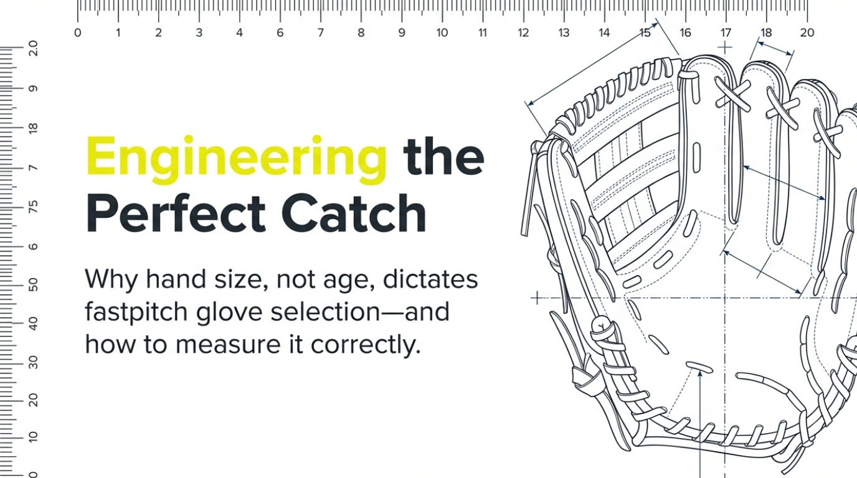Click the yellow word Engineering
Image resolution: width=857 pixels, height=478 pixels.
click(237, 159)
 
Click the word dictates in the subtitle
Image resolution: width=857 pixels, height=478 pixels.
click(430, 278)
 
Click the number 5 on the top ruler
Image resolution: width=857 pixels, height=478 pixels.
click(280, 33)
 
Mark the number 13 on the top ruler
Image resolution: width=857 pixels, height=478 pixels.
click(563, 33)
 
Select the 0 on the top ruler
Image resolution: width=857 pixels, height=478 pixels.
click(77, 33)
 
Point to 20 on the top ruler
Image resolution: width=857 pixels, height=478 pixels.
click(807, 33)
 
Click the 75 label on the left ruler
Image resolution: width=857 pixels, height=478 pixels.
click(33, 207)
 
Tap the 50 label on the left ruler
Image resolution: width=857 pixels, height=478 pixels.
click(33, 284)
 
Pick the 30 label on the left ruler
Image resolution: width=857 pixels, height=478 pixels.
click(33, 362)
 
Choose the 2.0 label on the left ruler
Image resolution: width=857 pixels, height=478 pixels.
click(33, 49)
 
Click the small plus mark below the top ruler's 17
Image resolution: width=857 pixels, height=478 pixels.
click(725, 48)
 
